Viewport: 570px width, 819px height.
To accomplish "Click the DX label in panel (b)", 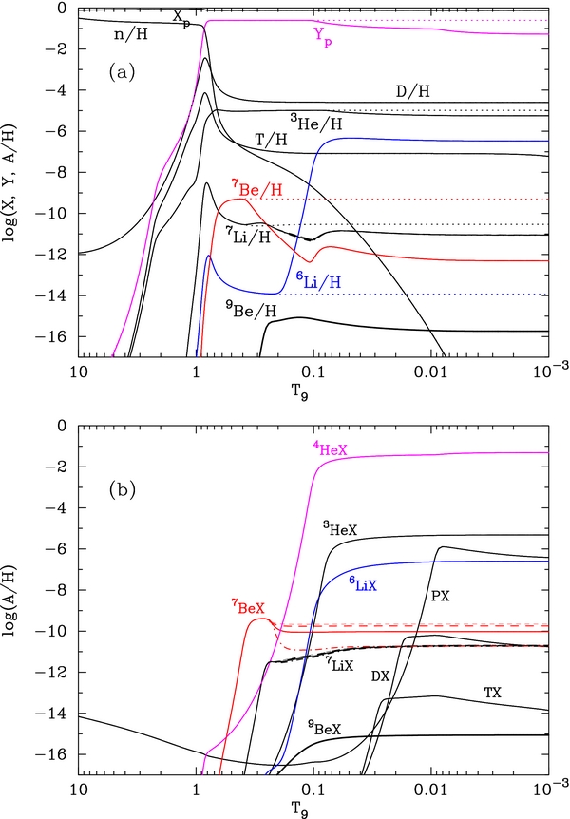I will tap(379, 676).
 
